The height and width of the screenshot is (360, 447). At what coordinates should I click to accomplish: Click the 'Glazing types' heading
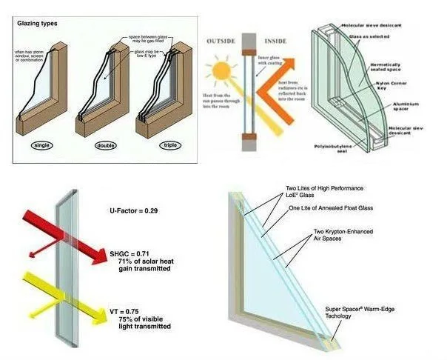(38, 23)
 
